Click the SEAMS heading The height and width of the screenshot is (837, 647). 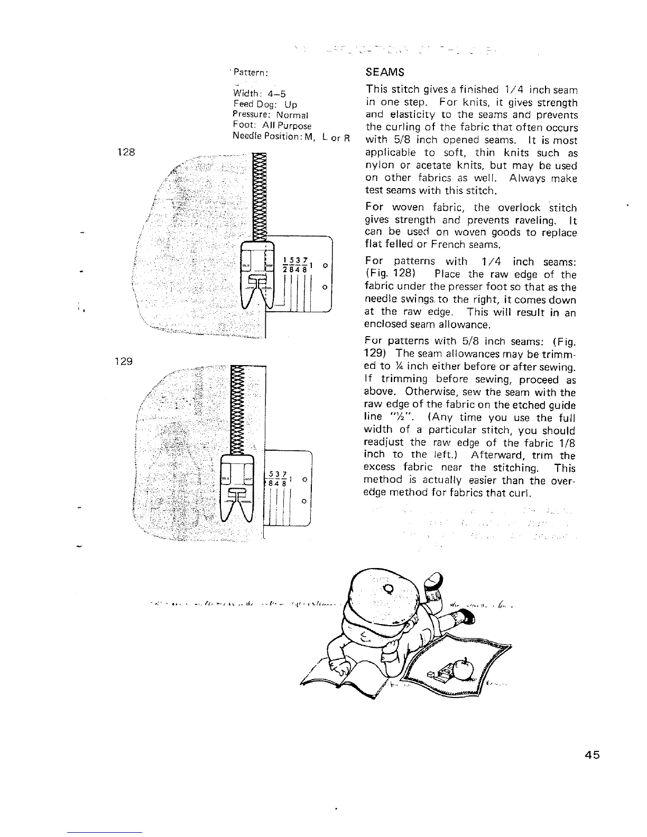385,72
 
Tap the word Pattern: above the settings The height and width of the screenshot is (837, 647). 252,72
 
